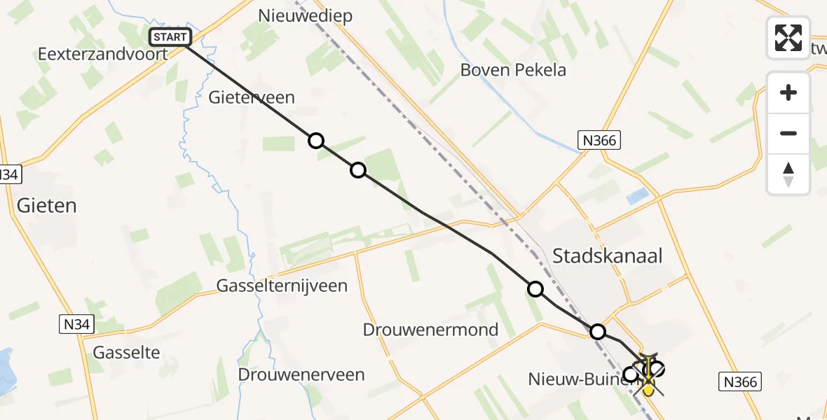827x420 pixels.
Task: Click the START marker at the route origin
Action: point(170,37)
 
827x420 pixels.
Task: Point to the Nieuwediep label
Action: point(305,15)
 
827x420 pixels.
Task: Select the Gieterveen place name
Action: point(252,97)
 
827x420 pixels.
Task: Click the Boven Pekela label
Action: point(513,70)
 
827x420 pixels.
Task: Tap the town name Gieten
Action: point(46,205)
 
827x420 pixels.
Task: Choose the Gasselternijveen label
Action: point(282,286)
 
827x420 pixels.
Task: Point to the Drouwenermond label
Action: point(431,330)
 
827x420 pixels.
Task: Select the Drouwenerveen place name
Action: point(301,374)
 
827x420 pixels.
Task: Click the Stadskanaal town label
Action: point(608,255)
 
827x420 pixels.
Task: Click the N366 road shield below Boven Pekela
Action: point(599,141)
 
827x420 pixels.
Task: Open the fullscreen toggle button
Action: point(788,38)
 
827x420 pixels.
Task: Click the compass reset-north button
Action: point(788,174)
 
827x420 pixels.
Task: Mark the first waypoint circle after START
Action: point(316,141)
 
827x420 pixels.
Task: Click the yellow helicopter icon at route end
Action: point(648,385)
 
